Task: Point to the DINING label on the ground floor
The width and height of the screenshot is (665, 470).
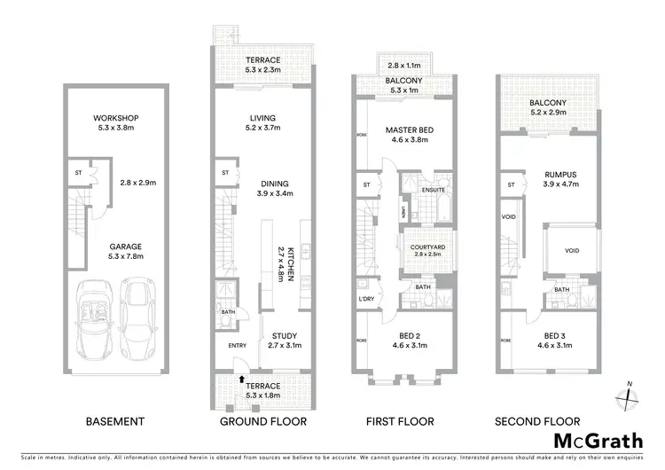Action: [262, 184]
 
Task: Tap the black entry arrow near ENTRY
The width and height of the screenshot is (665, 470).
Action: [240, 380]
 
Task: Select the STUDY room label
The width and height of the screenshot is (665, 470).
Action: [285, 335]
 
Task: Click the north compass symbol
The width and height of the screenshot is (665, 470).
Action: [629, 394]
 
